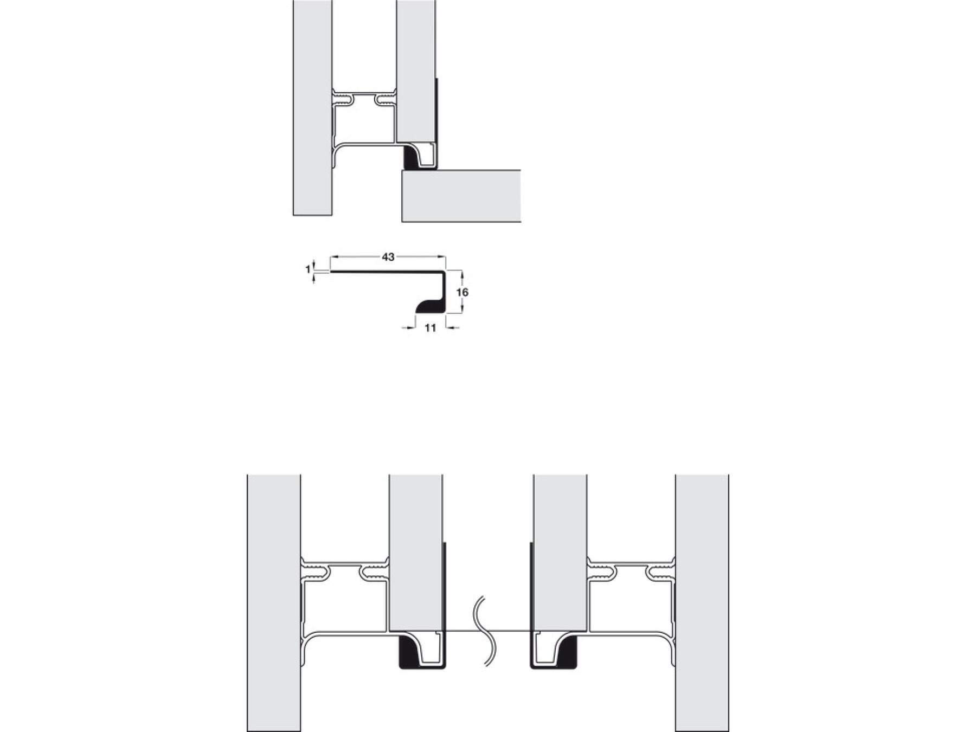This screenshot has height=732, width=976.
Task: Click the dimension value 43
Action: click(x=388, y=257)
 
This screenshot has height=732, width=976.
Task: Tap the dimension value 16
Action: click(x=462, y=292)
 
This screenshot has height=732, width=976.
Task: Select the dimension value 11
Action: click(x=430, y=328)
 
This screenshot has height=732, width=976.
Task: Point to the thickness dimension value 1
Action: click(x=308, y=269)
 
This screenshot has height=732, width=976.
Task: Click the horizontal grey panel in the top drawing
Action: click(x=461, y=196)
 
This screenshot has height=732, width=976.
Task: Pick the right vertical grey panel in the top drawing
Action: click(x=416, y=70)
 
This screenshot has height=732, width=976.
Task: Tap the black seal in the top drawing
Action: click(x=411, y=158)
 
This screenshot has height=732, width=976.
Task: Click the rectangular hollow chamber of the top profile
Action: click(x=364, y=125)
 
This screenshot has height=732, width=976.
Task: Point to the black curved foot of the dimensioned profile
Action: click(x=428, y=307)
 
